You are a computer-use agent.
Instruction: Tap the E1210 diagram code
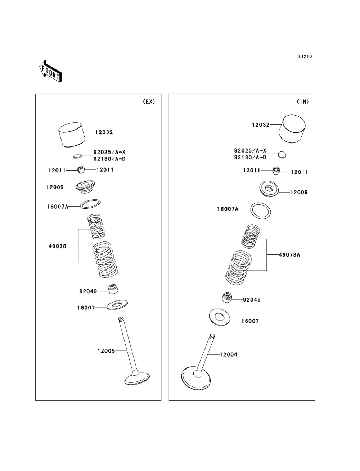(x=305, y=56)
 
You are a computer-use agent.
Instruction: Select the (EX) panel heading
(x=149, y=102)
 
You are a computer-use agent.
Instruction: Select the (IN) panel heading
(x=302, y=102)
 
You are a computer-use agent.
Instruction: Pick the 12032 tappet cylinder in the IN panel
(x=293, y=129)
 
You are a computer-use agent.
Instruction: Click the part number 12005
(x=106, y=351)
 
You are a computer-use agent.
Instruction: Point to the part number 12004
(x=229, y=355)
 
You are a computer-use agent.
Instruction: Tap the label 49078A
(x=289, y=255)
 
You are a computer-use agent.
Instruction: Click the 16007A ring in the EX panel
(x=90, y=204)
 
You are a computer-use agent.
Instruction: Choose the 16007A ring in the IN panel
(x=261, y=210)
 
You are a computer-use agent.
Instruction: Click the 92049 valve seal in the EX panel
(x=113, y=289)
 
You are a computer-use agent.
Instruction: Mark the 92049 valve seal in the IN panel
(x=227, y=298)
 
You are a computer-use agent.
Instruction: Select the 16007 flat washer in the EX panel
(x=117, y=305)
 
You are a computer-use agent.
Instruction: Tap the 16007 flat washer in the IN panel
(x=219, y=317)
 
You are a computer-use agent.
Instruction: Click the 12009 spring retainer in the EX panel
(x=85, y=186)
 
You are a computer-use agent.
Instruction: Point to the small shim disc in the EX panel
(x=77, y=156)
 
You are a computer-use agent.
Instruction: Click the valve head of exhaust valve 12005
(x=137, y=379)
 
